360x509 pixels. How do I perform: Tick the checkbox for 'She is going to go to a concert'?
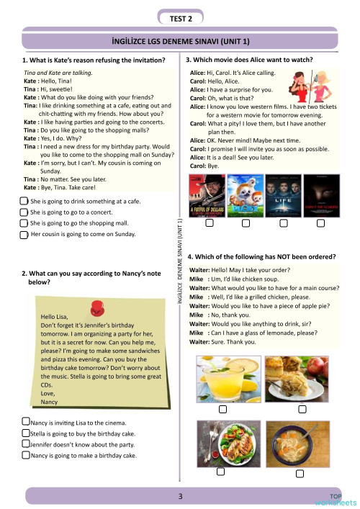pos(24,213)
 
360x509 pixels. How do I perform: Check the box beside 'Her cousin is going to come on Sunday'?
pos(24,235)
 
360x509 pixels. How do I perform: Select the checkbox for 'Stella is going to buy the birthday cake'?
pos(26,434)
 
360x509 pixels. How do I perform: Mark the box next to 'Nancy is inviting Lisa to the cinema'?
pos(26,423)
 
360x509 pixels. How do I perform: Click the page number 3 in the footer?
pos(181,496)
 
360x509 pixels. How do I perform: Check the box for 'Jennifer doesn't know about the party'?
pos(26,445)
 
